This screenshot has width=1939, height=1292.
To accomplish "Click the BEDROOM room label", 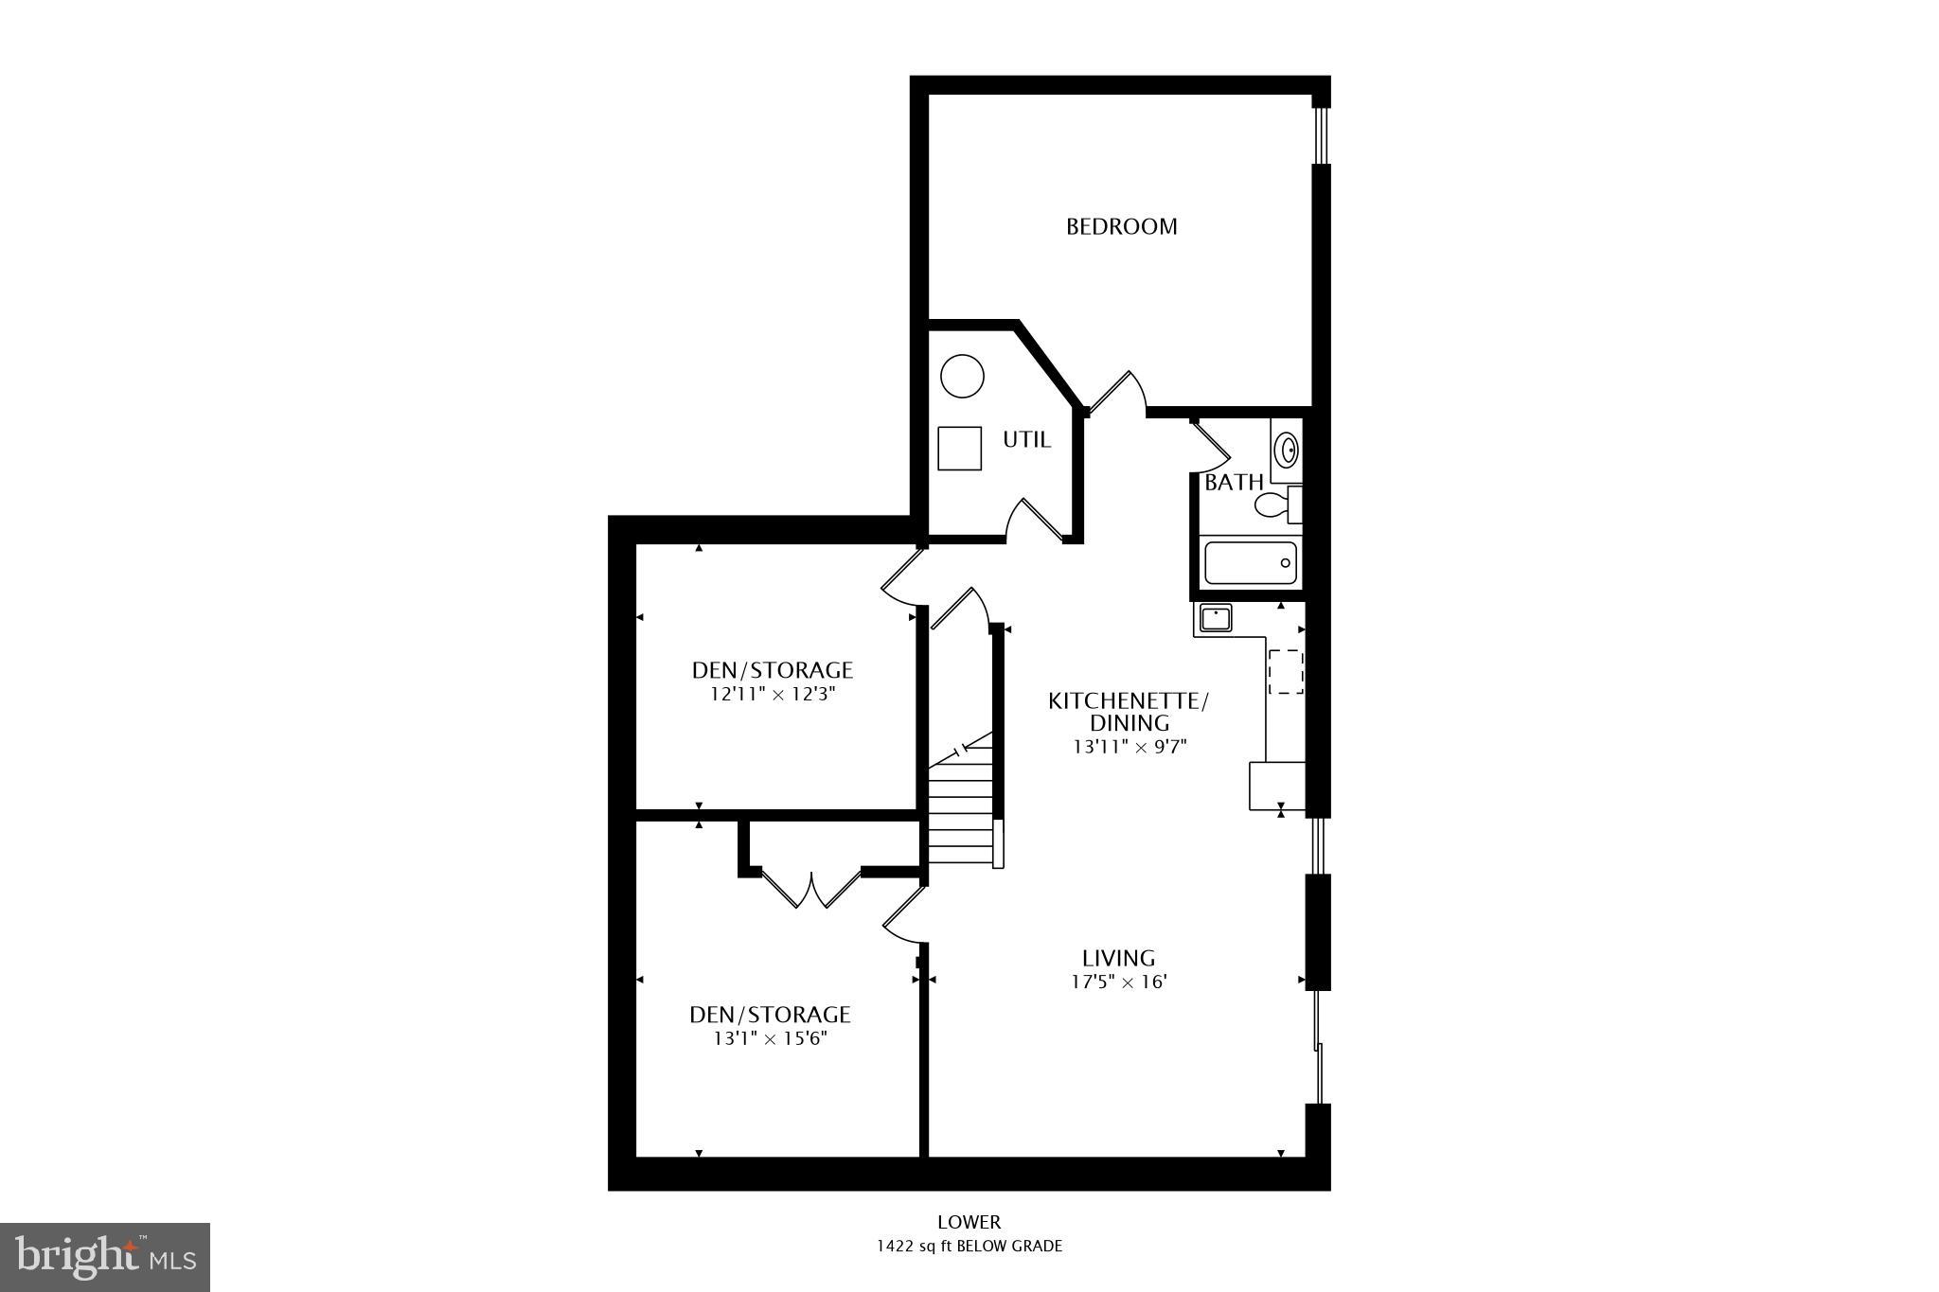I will tap(1121, 226).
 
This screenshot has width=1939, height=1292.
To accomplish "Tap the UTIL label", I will tap(1026, 440).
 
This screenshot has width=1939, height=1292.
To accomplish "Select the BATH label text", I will tap(1233, 483).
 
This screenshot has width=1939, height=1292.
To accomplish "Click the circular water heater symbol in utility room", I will tap(962, 376).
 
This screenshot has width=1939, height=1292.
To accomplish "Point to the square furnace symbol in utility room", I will tap(959, 448).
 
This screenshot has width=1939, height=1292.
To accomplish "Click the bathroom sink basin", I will tap(1287, 450).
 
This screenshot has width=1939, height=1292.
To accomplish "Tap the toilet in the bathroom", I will tap(1278, 504).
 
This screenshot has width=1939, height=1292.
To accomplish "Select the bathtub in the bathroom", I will tap(1249, 562).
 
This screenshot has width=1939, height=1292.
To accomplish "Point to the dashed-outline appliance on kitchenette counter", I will tap(1285, 672).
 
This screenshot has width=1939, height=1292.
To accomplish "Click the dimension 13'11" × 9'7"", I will tap(1129, 746).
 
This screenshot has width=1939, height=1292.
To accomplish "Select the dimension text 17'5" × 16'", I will tap(1118, 982).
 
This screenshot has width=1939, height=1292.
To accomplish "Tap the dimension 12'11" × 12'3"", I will tap(773, 694).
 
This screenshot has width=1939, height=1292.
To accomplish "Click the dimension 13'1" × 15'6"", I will tap(770, 1038).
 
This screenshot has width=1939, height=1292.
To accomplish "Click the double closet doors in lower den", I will tap(811, 890).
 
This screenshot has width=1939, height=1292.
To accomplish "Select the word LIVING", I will tap(1119, 958).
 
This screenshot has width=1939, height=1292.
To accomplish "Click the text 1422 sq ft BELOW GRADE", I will tap(969, 1246).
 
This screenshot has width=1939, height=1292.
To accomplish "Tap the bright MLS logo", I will tap(105, 1257).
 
